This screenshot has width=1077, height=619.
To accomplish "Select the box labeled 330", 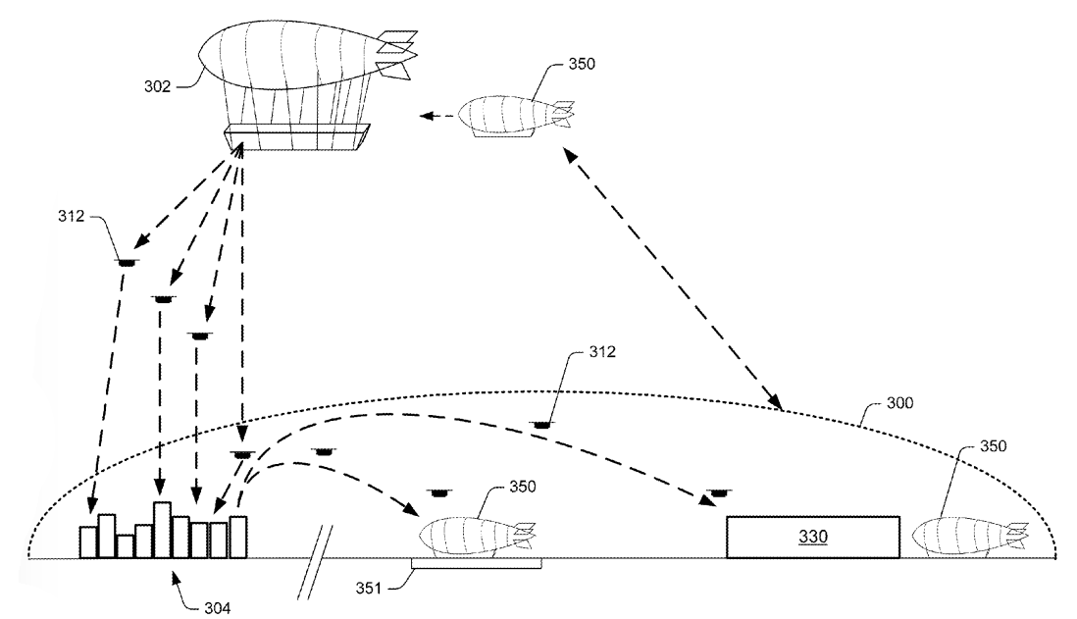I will (x=812, y=537).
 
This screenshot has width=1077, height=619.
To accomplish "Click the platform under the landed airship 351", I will (x=476, y=563).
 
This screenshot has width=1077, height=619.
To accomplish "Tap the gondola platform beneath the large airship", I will (x=297, y=135).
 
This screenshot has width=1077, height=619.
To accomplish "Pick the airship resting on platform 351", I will (x=477, y=537).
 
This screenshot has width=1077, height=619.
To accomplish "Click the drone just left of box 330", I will (x=719, y=491).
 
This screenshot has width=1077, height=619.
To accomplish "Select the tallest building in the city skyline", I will (x=163, y=530).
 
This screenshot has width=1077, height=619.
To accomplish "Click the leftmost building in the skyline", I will (x=88, y=542).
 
